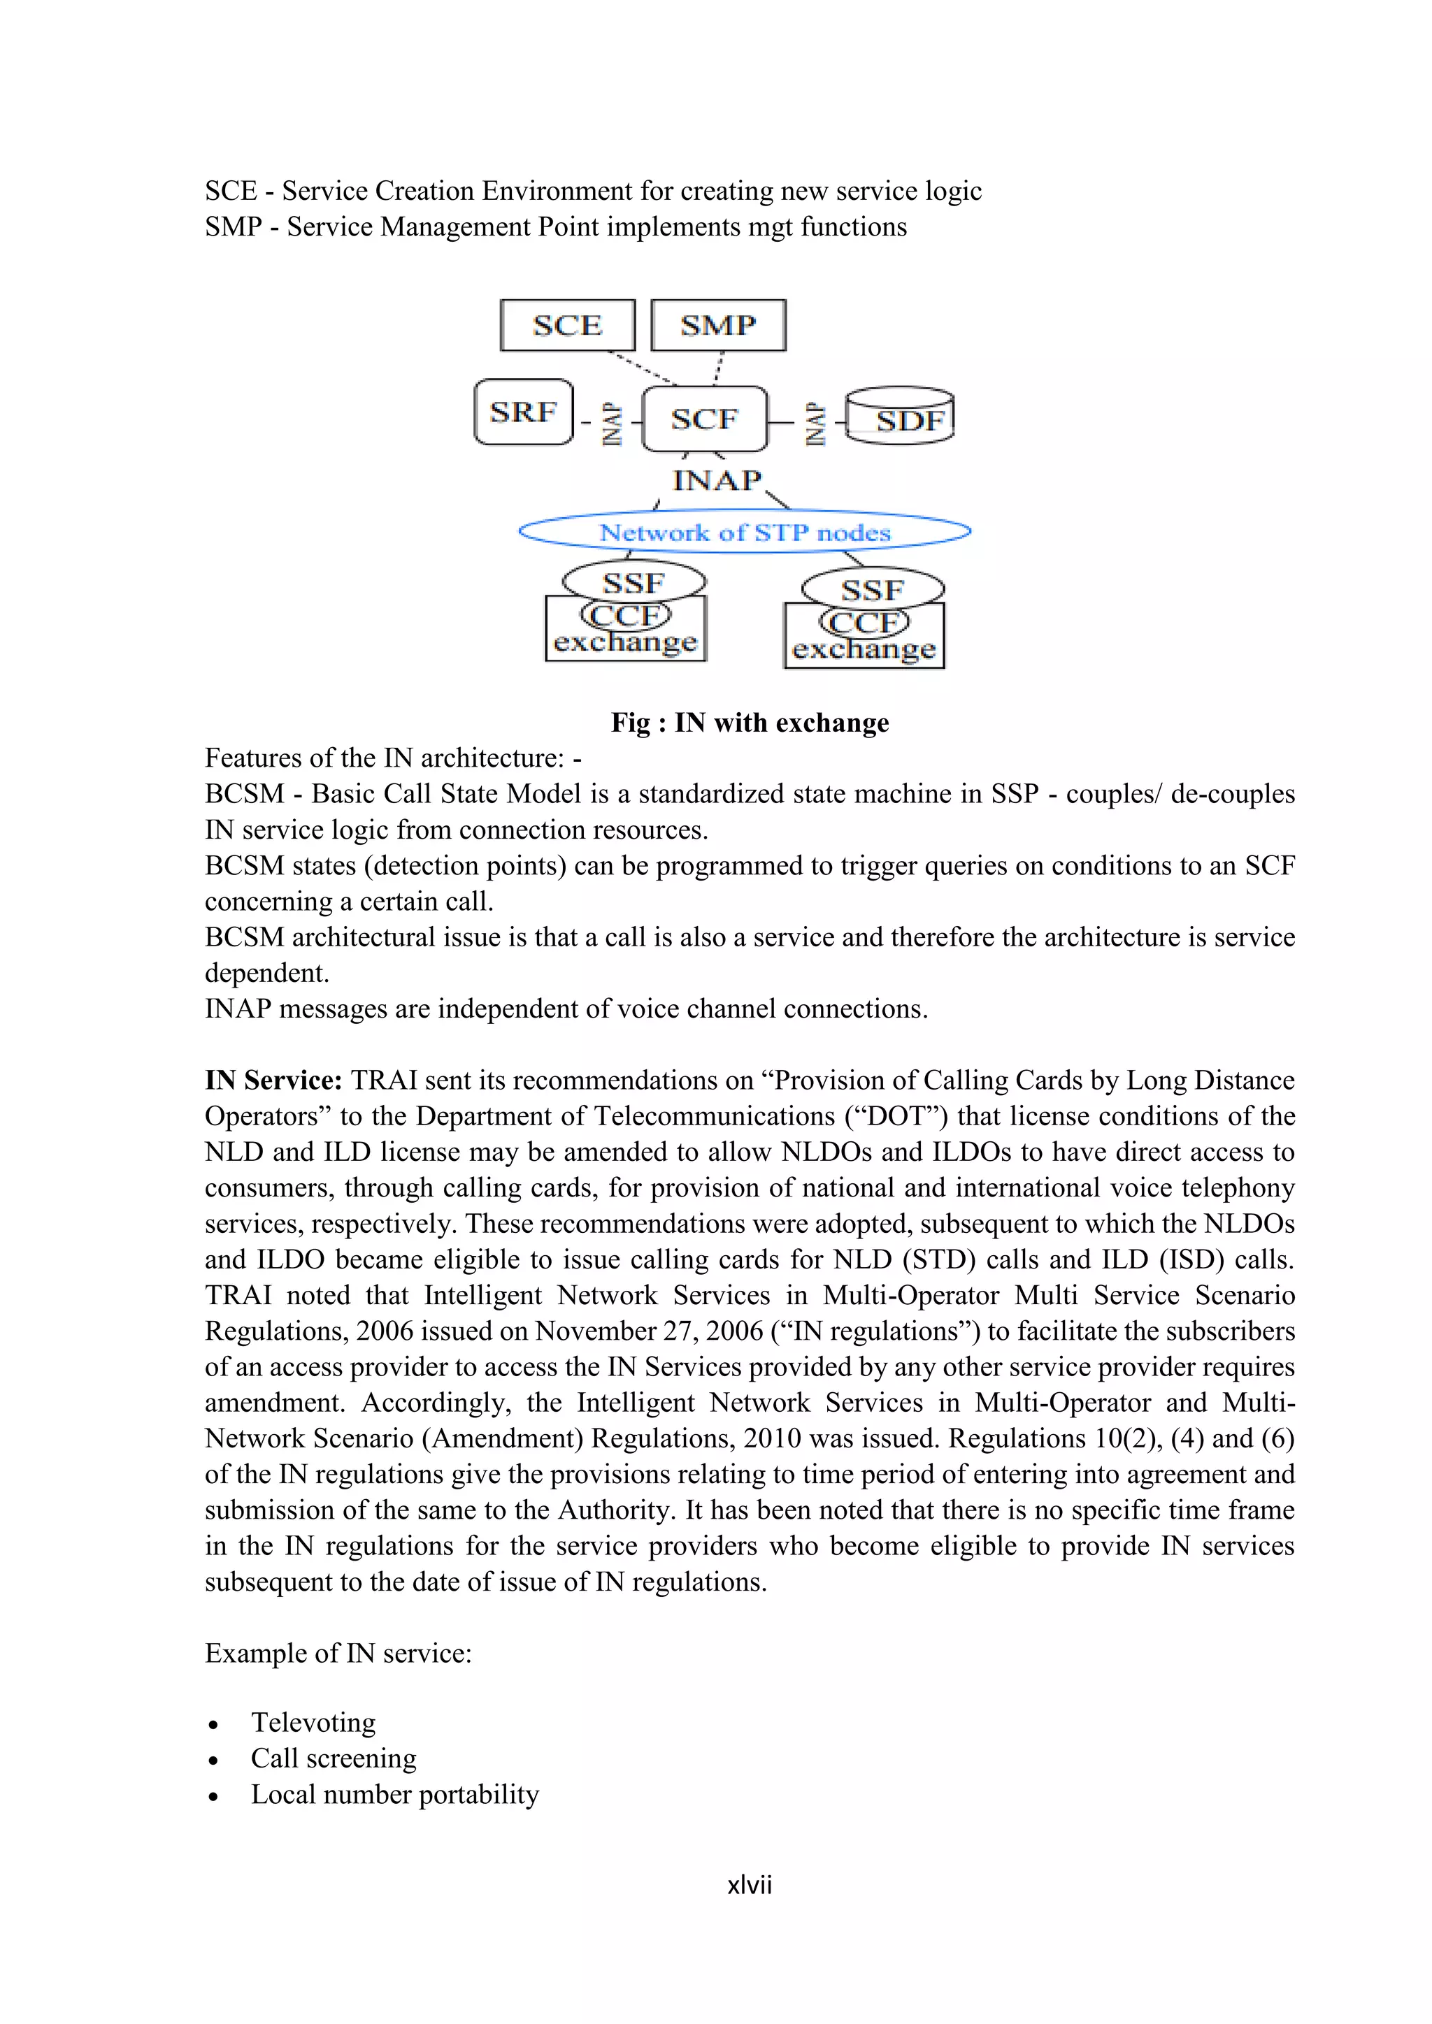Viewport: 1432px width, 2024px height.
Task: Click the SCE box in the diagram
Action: (x=567, y=325)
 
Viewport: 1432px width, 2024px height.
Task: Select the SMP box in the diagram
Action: (x=718, y=325)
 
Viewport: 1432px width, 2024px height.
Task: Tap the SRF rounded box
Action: (x=523, y=412)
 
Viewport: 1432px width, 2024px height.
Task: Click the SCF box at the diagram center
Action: (x=703, y=419)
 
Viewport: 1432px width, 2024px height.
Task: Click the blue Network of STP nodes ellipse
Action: (x=745, y=533)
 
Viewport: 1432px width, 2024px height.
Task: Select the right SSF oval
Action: (x=873, y=589)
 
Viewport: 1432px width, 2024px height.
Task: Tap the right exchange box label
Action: (x=864, y=651)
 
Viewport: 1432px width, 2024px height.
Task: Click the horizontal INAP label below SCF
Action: (x=717, y=480)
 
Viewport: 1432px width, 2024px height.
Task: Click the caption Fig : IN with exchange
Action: (x=750, y=723)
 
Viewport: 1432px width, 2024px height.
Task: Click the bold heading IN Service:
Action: (x=273, y=1080)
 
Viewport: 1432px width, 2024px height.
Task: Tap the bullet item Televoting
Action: (x=313, y=1721)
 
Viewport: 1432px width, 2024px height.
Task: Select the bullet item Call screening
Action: (x=334, y=1758)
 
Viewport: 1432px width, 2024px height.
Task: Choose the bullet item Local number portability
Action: (x=394, y=1794)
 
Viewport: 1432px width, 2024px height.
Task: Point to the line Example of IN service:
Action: (x=338, y=1653)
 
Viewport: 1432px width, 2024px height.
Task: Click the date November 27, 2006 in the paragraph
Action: (x=648, y=1331)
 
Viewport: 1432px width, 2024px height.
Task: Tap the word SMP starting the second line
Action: (x=233, y=227)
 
